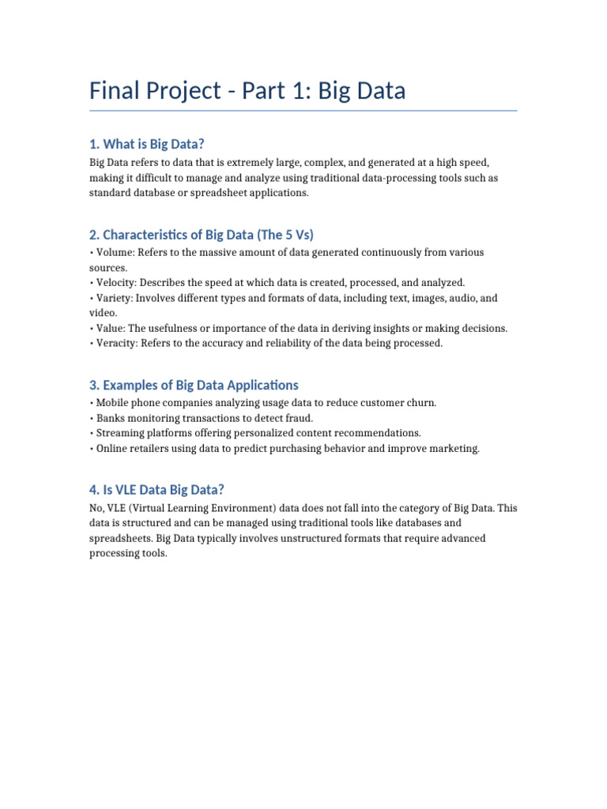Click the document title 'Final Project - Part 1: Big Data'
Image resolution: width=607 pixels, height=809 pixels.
point(247,91)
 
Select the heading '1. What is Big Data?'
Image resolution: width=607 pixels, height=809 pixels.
point(146,144)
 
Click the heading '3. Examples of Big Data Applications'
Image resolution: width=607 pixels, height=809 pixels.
point(194,386)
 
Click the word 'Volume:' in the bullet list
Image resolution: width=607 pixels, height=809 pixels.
point(114,253)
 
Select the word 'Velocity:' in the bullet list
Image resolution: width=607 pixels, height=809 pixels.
point(115,283)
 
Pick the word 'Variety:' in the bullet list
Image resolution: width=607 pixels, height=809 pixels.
point(115,299)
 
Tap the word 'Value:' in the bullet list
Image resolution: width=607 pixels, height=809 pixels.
point(110,329)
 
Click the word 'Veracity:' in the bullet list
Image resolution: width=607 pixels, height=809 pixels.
point(117,344)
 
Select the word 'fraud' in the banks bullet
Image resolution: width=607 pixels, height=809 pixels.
point(300,419)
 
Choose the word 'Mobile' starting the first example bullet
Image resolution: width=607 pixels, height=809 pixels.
point(112,404)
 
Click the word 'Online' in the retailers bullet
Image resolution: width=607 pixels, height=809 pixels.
point(111,449)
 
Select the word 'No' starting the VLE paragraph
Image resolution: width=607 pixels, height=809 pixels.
point(96,509)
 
